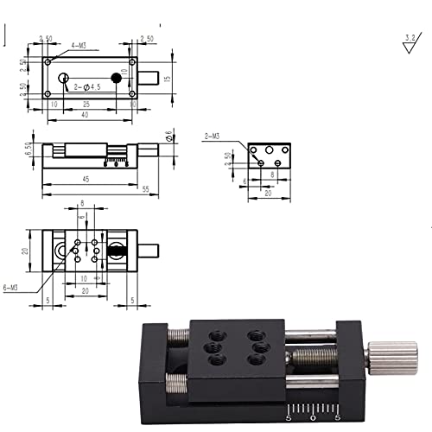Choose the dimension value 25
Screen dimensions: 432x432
pos(86,104)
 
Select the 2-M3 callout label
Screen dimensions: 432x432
pos(212,137)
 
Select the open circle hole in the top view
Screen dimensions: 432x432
pos(64,79)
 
